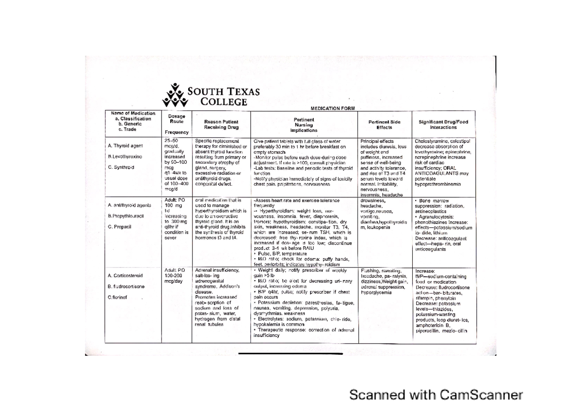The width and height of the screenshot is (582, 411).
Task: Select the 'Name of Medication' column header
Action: [x=133, y=121]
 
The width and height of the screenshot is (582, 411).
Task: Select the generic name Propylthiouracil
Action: [x=127, y=215]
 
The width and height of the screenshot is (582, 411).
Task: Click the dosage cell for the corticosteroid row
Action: [x=175, y=275]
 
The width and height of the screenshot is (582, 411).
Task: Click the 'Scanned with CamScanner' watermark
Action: [x=436, y=395]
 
